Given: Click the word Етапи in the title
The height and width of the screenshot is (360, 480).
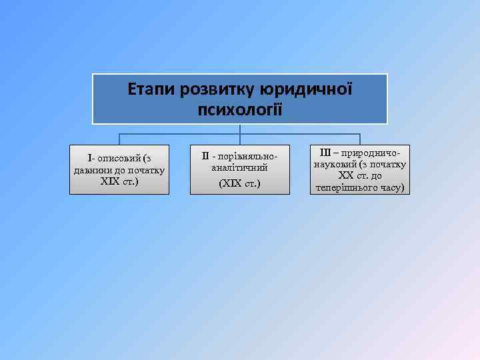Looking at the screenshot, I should coord(149,89).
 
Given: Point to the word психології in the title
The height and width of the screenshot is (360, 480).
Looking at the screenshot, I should coord(239,109).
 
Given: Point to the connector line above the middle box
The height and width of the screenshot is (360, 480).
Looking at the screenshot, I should coord(240,139).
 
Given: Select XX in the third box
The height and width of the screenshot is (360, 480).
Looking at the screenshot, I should coord(345,176).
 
